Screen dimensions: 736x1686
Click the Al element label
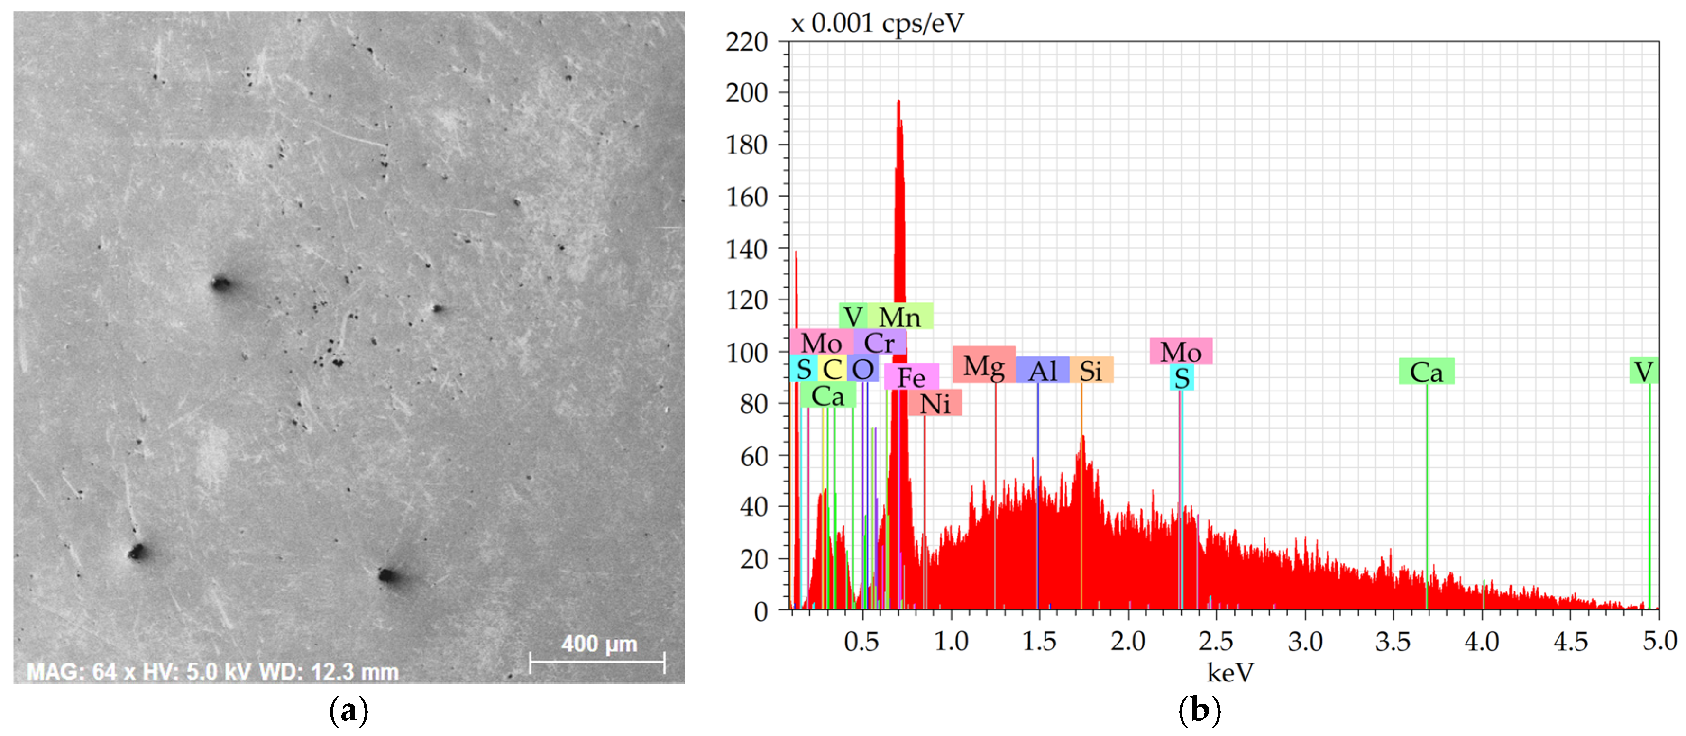pyautogui.click(x=1042, y=371)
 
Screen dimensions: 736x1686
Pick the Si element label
pyautogui.click(x=1090, y=371)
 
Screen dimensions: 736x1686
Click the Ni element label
pyautogui.click(x=934, y=404)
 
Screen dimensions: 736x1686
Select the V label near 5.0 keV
pyautogui.click(x=1643, y=372)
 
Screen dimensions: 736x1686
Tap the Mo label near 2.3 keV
pyautogui.click(x=1180, y=352)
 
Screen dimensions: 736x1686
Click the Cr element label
pyautogui.click(x=879, y=343)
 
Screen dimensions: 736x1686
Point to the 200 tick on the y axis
pyautogui.click(x=746, y=93)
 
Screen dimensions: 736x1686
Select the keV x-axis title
pyautogui.click(x=1230, y=672)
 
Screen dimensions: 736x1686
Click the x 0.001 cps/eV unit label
pyautogui.click(x=877, y=24)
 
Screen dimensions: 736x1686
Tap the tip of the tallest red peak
pyautogui.click(x=898, y=101)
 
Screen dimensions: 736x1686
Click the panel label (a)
pyautogui.click(x=348, y=710)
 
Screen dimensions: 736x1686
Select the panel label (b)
pyautogui.click(x=1199, y=710)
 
